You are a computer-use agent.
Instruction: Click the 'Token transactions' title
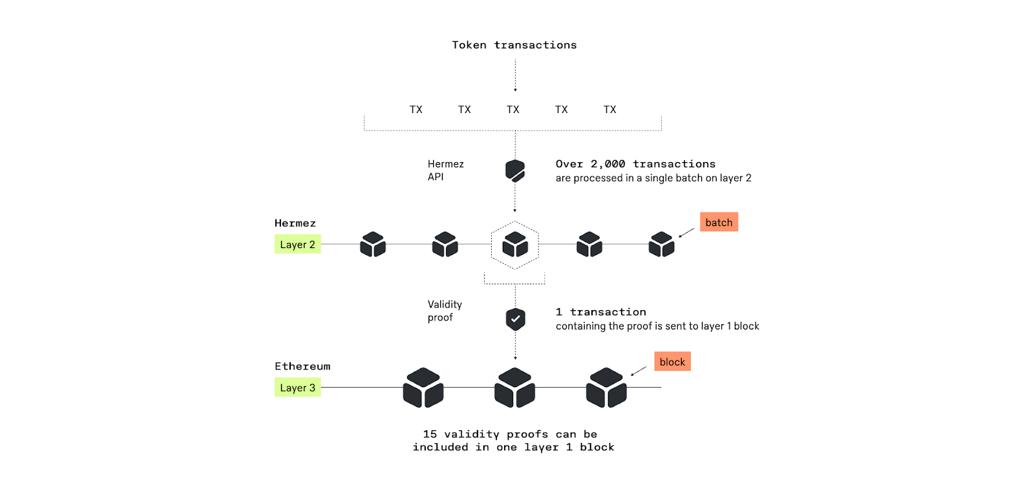[514, 45]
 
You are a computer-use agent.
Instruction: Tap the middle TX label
[513, 110]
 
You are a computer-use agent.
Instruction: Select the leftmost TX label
[416, 110]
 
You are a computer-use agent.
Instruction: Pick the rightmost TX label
[610, 110]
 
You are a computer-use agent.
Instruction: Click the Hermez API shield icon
[515, 171]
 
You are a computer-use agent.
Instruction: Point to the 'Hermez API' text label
[445, 171]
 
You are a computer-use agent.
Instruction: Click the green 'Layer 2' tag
[297, 244]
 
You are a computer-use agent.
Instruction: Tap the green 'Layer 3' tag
[297, 388]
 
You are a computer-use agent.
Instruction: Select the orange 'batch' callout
[719, 222]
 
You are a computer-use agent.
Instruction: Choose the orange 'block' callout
[672, 362]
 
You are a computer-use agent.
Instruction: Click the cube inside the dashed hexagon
[515, 245]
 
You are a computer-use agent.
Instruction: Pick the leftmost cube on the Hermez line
[373, 245]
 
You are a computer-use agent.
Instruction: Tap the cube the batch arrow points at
[661, 245]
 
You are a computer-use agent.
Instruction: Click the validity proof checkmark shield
[515, 319]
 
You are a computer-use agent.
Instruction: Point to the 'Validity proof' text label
[445, 311]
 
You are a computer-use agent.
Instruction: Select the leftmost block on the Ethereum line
[423, 388]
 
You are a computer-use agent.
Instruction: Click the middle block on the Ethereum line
[515, 388]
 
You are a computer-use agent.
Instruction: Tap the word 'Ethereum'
[302, 366]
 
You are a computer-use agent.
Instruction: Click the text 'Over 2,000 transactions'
[635, 164]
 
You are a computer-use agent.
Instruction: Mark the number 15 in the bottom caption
[430, 434]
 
